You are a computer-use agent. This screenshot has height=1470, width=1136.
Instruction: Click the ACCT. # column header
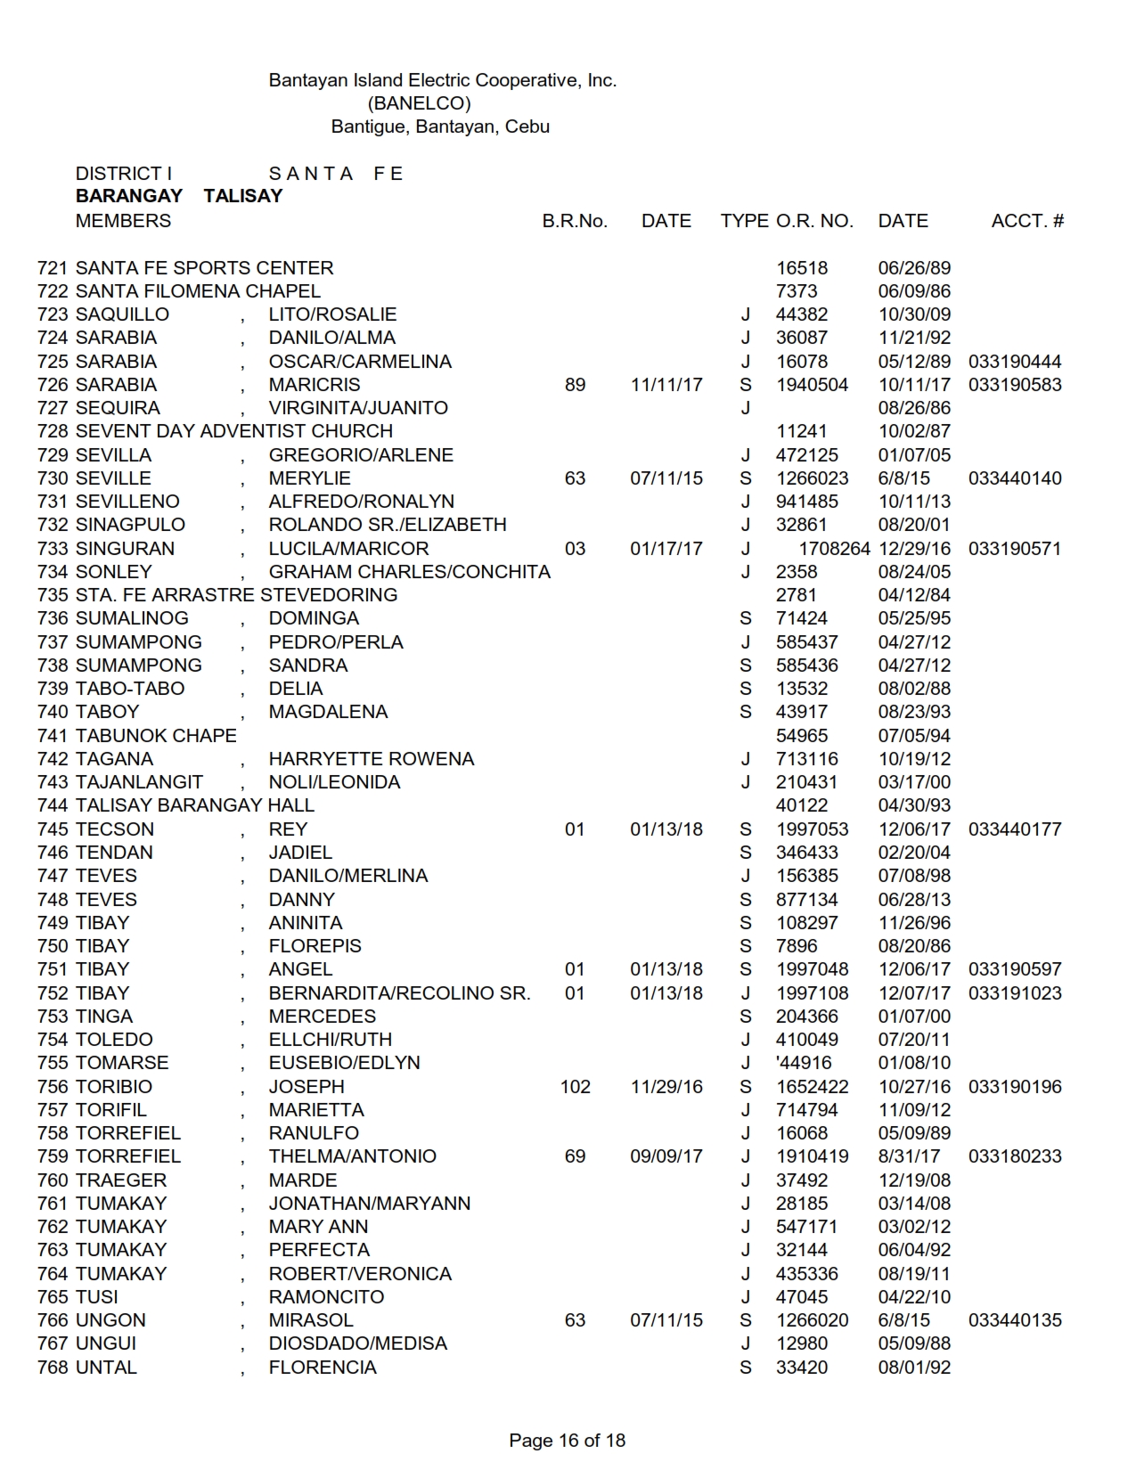1027,221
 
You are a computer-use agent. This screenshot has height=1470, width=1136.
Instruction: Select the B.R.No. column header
575,221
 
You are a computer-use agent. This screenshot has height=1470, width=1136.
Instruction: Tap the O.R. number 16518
802,268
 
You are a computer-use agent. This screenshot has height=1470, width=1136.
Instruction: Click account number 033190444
1015,362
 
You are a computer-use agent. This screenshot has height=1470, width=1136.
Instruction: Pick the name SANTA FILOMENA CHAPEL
198,291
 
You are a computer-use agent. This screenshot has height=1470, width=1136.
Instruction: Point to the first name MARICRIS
315,385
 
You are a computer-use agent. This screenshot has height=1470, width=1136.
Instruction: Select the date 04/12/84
914,595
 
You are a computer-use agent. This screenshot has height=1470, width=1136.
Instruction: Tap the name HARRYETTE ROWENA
372,759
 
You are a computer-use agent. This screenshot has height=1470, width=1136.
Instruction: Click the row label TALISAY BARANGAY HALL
195,805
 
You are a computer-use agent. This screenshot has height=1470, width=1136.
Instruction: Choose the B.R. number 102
575,1087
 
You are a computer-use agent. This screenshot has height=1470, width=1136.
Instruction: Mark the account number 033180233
1015,1156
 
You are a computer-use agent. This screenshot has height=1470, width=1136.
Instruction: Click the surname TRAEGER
121,1180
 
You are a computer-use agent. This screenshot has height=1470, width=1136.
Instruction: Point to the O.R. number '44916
804,1063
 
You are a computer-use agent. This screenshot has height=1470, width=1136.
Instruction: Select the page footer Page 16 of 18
568,1441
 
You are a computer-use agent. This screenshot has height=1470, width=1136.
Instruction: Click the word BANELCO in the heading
419,103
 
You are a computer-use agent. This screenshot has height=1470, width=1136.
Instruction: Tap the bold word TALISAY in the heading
242,196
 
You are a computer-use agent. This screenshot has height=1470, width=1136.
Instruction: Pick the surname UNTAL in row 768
106,1368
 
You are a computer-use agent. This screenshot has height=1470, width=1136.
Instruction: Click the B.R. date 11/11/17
666,385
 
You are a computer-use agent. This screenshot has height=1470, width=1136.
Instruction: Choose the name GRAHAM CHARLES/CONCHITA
410,572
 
